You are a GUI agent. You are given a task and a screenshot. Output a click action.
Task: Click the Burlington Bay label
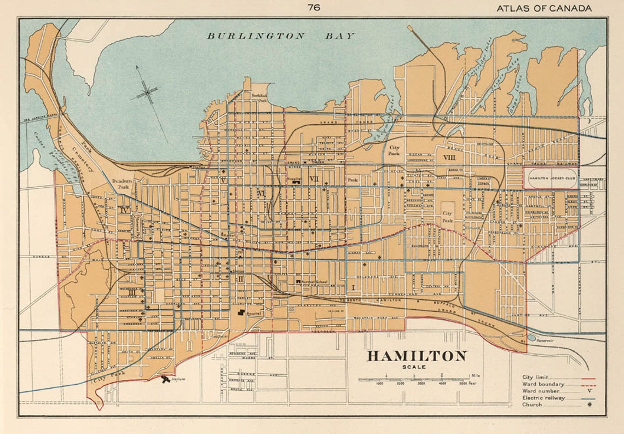click(280, 36)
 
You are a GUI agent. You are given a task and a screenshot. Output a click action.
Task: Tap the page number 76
click(314, 8)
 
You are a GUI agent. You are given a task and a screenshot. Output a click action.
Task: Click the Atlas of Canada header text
click(544, 8)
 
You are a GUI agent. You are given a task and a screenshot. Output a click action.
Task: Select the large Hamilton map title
click(417, 356)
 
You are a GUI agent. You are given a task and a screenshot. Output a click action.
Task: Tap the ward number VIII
click(450, 158)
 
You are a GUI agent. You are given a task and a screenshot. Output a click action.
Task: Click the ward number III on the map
click(131, 292)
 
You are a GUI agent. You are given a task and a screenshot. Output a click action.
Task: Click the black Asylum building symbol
click(165, 379)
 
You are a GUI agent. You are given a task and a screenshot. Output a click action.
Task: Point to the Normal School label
click(314, 281)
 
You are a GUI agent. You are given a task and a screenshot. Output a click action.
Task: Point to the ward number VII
click(314, 179)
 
